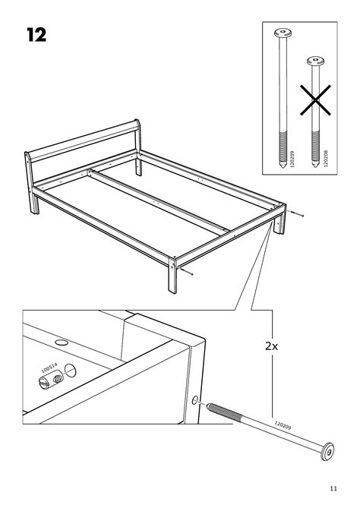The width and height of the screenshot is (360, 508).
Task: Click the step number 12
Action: [x=36, y=35]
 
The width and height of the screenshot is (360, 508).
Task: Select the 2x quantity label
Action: [x=272, y=346]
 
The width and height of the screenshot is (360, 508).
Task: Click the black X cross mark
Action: [x=315, y=100]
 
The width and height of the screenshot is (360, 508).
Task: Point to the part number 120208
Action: [x=325, y=158]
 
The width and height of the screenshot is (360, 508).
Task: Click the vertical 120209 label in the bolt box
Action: [x=292, y=159]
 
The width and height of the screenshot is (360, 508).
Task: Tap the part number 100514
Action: [x=49, y=368]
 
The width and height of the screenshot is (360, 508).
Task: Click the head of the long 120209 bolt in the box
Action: [x=283, y=33]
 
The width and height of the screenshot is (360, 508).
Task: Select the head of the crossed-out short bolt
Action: [x=316, y=61]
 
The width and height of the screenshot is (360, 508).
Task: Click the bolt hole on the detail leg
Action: [x=194, y=400]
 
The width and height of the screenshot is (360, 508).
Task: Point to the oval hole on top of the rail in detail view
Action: [x=62, y=342]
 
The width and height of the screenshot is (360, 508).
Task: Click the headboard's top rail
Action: [x=83, y=139]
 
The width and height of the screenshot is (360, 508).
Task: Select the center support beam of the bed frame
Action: [x=159, y=201]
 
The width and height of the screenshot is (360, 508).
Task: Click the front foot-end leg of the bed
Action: [x=172, y=276]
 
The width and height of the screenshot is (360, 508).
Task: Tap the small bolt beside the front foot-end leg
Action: [x=186, y=271]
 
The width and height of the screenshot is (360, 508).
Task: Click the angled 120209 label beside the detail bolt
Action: [x=283, y=425]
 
